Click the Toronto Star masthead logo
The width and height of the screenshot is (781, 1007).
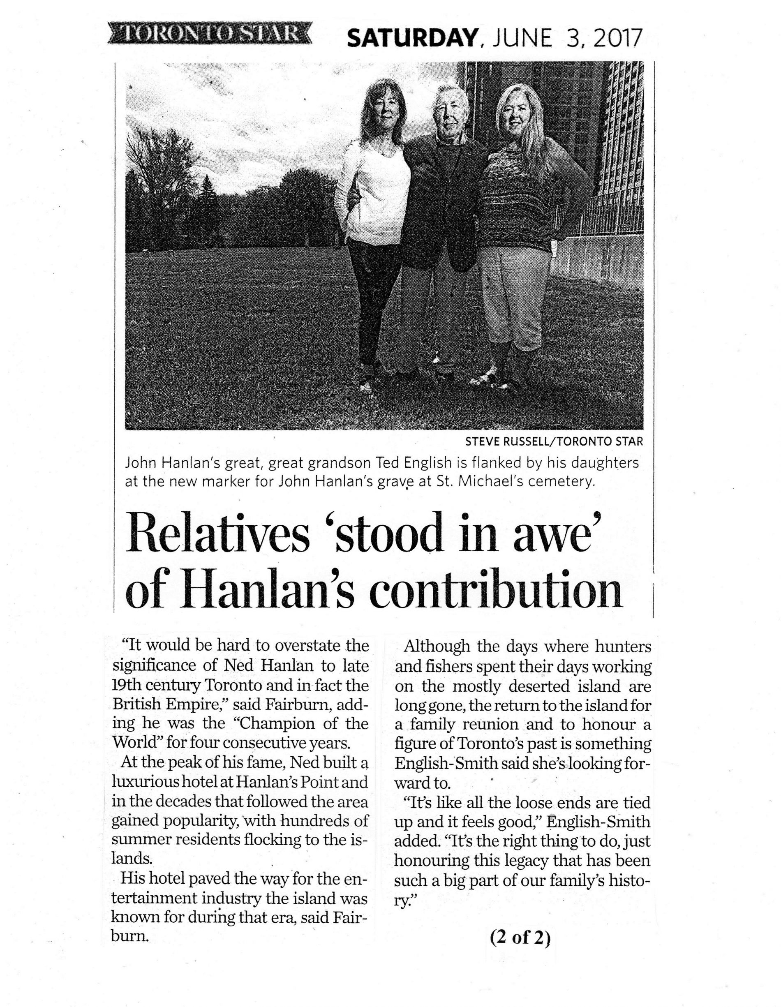click(208, 35)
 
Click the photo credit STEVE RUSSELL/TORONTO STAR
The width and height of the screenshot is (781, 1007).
click(554, 442)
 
